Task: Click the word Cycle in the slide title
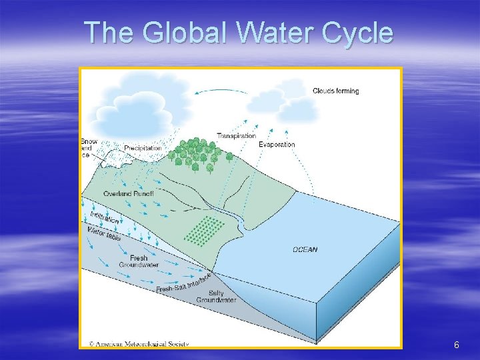point(356,32)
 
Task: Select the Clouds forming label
point(336,91)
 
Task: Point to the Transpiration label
point(236,136)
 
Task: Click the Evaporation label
point(277,145)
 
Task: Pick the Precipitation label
point(143,148)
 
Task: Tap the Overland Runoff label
point(129,193)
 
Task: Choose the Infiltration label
point(105,217)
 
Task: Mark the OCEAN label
point(305,250)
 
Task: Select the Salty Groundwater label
point(216,297)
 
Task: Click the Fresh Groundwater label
point(139,261)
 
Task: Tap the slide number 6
point(456,345)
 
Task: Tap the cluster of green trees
point(197,154)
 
